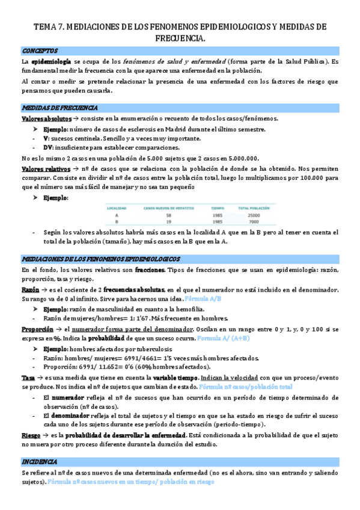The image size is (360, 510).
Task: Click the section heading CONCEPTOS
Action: pos(40,51)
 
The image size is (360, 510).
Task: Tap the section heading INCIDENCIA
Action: pos(40,461)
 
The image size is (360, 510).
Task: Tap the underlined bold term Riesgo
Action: pos(31,434)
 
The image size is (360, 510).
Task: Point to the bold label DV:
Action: pos(49,147)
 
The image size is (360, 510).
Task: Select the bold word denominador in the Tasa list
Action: pos(67,415)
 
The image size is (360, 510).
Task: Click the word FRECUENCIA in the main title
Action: pos(180,38)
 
